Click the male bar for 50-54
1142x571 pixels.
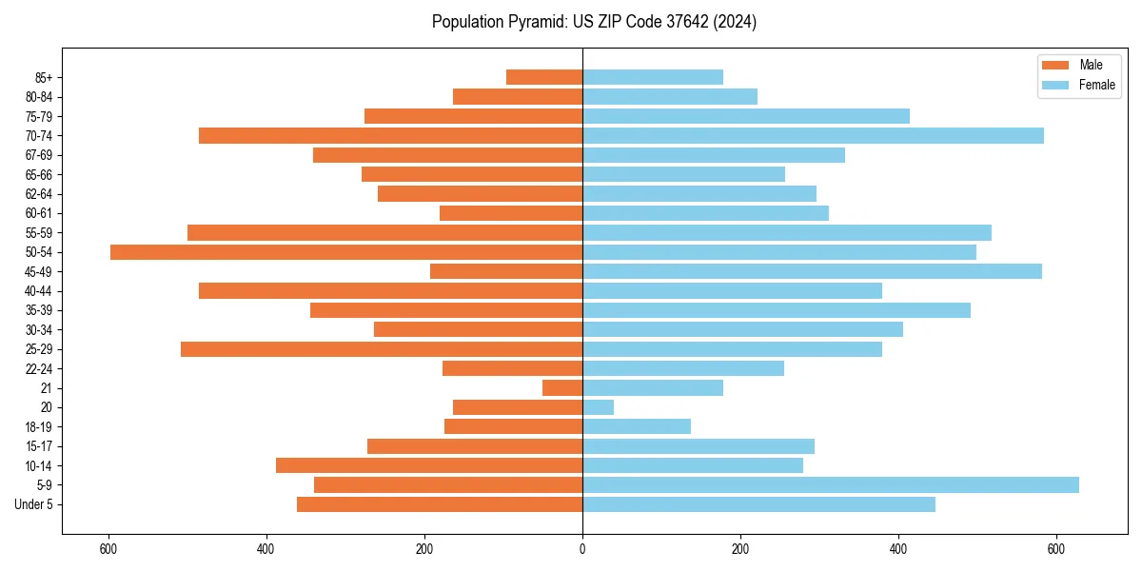coord(346,252)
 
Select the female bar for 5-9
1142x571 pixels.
coord(830,485)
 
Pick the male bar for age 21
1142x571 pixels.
coord(562,388)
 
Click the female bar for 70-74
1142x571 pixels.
coord(813,136)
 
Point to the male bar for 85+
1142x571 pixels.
coord(544,77)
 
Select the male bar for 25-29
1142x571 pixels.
coord(382,349)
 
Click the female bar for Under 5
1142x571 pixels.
coord(758,504)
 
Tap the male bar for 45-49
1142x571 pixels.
coord(506,271)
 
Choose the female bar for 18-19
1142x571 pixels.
coord(637,427)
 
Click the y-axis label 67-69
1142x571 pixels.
coord(38,155)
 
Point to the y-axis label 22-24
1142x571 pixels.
coord(38,369)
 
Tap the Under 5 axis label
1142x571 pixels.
coord(33,504)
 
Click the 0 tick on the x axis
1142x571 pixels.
coord(582,549)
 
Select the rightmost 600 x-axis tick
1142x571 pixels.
coord(1055,549)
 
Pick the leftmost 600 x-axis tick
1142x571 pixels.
coord(108,549)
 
